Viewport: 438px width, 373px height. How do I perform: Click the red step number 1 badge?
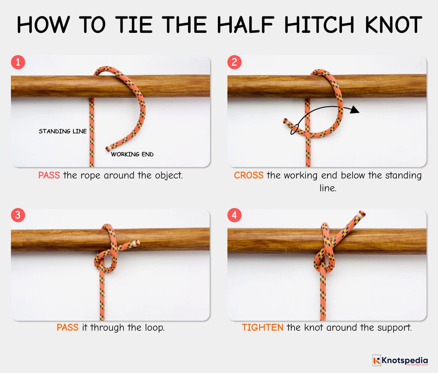pos(18,62)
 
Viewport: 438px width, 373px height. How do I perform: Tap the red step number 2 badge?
pos(234,62)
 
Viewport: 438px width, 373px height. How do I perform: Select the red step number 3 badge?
pos(18,215)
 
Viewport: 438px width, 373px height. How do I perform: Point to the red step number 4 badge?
pos(234,215)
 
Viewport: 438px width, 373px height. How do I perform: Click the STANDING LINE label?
pos(63,131)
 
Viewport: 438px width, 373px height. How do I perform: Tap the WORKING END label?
pos(132,154)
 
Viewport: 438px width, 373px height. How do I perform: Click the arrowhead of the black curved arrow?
pos(354,110)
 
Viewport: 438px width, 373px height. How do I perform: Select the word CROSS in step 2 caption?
pos(249,176)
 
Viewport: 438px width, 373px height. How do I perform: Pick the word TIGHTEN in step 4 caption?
pos(262,327)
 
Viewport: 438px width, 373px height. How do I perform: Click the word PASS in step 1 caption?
pos(49,176)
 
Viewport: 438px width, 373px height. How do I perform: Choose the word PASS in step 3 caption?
pos(68,327)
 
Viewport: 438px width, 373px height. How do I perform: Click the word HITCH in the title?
pos(319,25)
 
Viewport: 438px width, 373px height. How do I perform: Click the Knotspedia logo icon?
pos(376,360)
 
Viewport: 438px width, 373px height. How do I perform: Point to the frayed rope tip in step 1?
pos(108,148)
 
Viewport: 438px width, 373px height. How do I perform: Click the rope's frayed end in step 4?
pos(362,214)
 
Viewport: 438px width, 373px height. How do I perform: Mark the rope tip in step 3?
pos(137,242)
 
